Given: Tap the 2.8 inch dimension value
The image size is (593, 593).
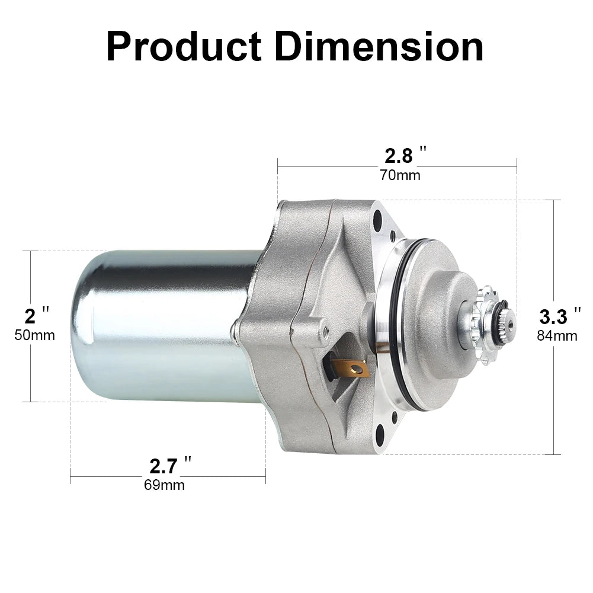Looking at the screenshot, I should [398, 156].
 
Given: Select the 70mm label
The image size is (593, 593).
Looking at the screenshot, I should [400, 175].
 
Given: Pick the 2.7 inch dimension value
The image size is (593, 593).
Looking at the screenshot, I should [164, 466].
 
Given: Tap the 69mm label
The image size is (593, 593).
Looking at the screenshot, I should [164, 485].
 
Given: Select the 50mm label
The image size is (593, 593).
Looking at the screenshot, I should [34, 335].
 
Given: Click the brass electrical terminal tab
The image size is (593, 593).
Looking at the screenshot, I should [352, 369].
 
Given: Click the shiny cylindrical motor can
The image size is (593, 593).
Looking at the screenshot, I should [160, 326].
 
